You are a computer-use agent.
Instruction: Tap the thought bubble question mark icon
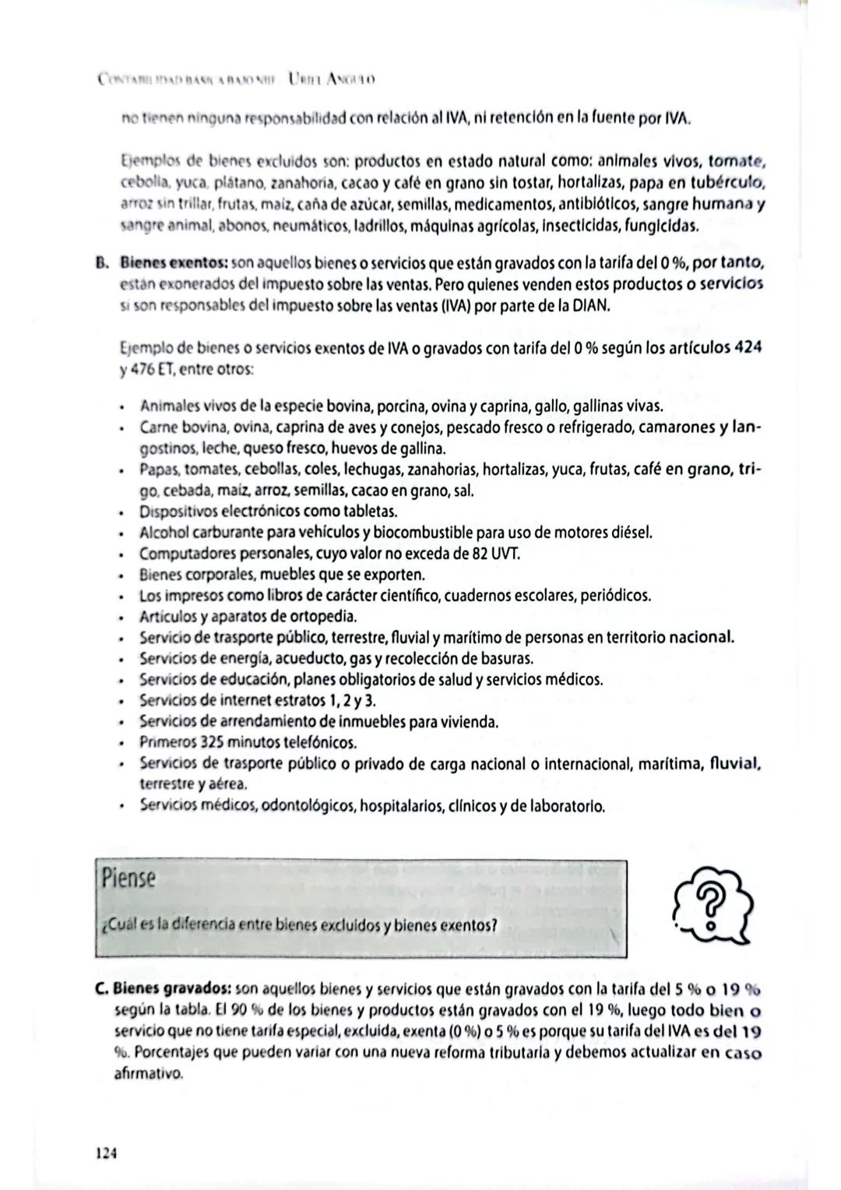710,907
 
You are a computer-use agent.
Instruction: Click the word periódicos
614,596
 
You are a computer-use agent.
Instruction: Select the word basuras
509,658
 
